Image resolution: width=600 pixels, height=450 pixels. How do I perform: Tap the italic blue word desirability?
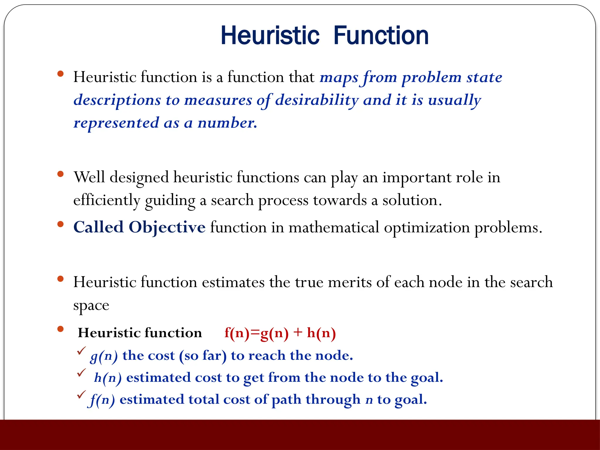coord(317,100)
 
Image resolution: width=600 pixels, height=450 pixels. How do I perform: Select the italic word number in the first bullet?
coord(227,123)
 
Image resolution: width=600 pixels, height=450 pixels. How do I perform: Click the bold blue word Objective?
coord(167,227)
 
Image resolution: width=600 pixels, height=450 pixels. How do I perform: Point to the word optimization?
coord(427,228)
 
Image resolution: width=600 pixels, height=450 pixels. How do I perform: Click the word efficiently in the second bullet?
coord(107,200)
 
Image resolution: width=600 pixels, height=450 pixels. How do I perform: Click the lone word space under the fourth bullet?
coord(91,306)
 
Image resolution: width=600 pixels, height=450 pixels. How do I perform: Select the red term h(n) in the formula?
coord(321,333)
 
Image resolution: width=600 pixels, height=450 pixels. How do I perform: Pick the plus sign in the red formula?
coord(298,333)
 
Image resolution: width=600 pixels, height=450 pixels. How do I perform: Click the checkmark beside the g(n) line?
coord(81,351)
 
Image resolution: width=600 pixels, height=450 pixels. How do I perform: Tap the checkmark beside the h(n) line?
coord(81,373)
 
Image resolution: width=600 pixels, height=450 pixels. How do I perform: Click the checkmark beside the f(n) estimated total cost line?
coord(81,395)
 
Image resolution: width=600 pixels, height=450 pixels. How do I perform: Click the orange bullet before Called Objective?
coord(61,225)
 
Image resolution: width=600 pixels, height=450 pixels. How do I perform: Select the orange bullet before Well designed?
coord(61,174)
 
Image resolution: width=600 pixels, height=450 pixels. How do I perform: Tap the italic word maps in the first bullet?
coord(339,78)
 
